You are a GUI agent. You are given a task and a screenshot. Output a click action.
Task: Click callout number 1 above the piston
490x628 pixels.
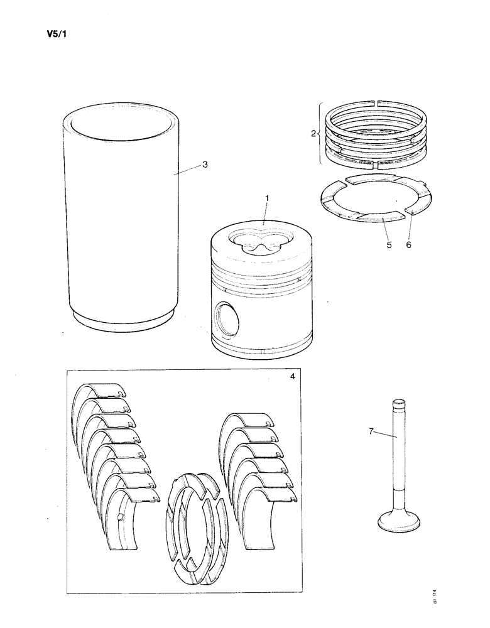click(267, 198)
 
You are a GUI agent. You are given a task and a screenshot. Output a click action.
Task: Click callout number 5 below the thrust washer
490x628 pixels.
click(389, 245)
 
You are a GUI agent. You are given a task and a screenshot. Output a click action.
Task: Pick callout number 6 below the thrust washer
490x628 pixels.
click(408, 245)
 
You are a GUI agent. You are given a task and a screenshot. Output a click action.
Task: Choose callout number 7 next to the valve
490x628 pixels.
click(371, 431)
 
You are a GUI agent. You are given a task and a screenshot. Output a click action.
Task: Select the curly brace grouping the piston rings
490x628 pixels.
click(322, 133)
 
